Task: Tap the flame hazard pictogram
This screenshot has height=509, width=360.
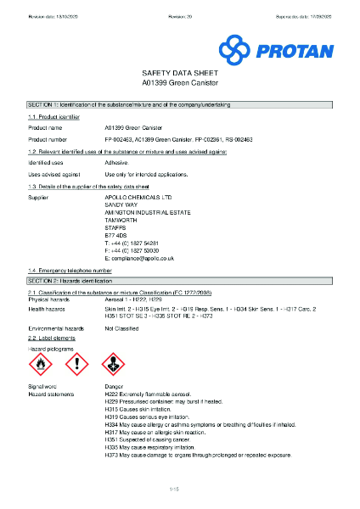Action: point(41,366)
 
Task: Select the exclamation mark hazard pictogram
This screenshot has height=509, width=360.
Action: point(77,366)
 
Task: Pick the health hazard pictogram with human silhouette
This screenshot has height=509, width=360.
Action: point(114,366)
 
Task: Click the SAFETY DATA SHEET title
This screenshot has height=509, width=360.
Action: point(179,75)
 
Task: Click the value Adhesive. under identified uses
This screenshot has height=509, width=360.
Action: point(117,162)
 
